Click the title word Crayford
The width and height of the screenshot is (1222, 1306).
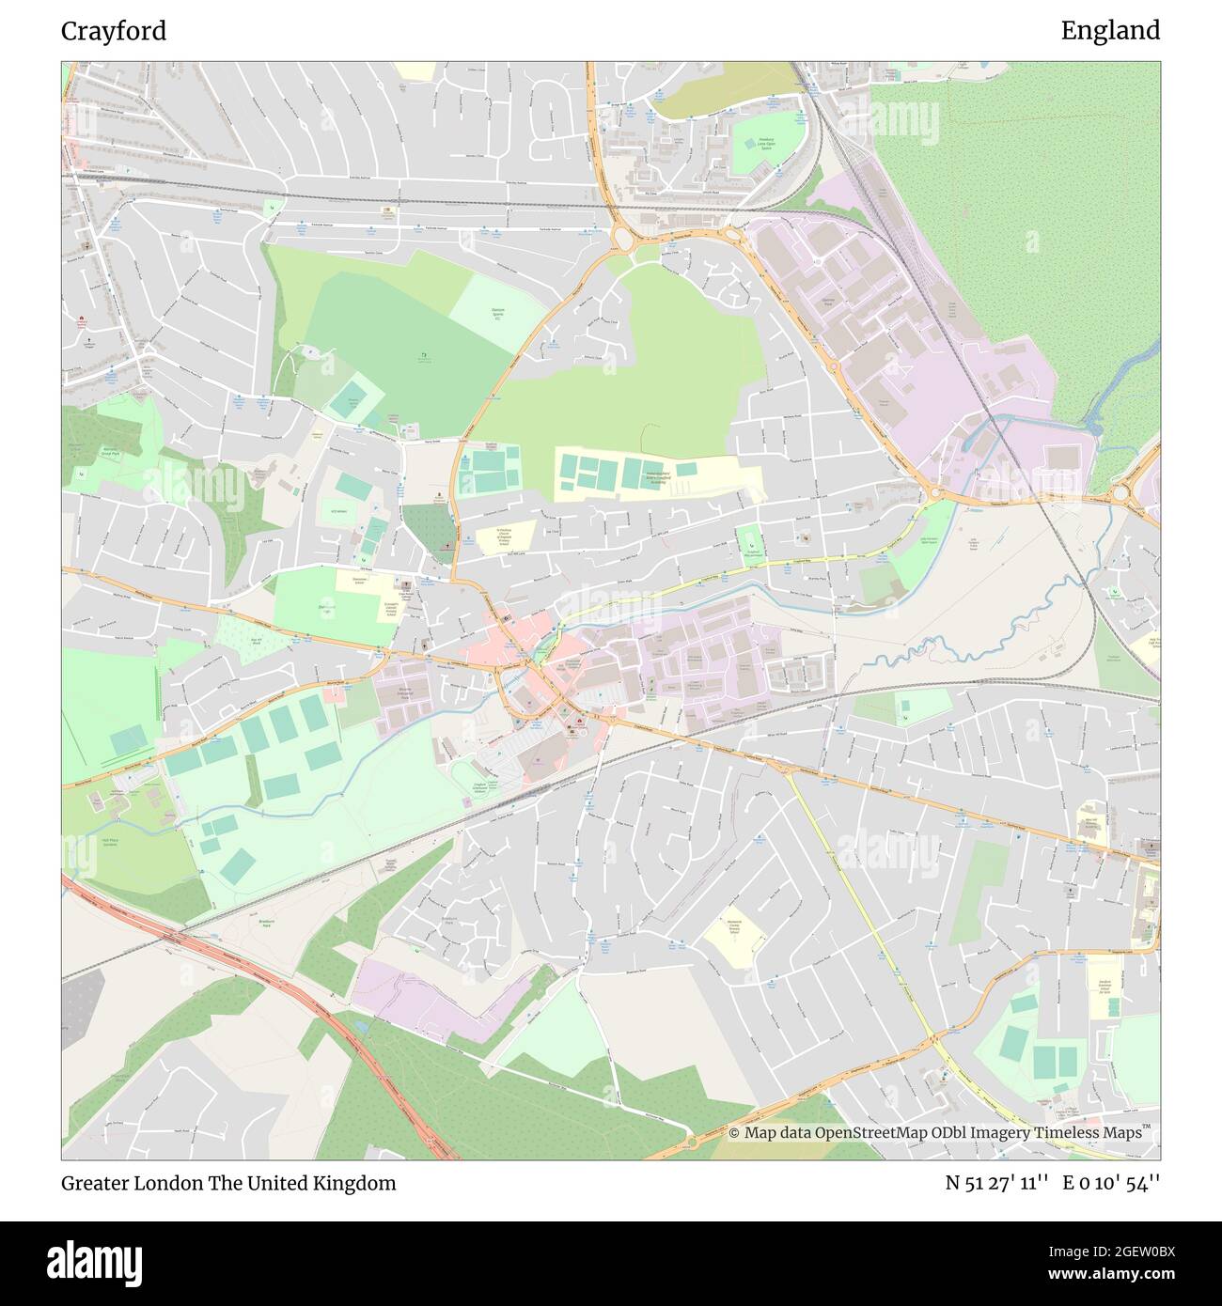coord(114,31)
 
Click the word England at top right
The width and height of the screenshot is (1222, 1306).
coord(1110,31)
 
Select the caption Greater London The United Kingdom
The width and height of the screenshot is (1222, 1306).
coord(228,1183)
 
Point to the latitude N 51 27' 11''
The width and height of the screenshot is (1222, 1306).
coord(997,1183)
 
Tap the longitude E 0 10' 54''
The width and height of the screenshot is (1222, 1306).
coord(1111,1183)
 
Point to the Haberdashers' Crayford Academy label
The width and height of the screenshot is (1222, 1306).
coord(663,477)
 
